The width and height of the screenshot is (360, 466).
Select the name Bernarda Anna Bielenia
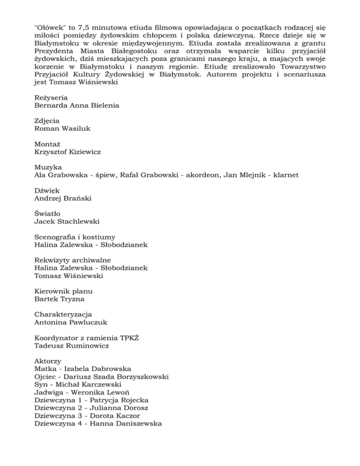coord(77,105)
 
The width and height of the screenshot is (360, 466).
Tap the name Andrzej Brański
coord(63,198)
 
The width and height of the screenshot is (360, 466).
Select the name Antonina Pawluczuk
coord(71,322)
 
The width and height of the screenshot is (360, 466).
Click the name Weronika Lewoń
coord(108,391)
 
